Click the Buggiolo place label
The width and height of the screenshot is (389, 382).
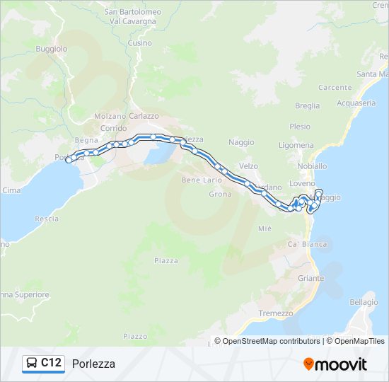click(53, 49)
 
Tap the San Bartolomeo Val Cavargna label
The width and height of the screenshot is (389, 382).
click(132, 16)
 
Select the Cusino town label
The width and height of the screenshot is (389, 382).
click(140, 43)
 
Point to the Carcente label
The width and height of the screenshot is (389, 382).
click(335, 88)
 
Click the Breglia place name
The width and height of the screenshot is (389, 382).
click(307, 106)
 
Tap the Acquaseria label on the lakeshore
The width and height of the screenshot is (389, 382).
click(356, 103)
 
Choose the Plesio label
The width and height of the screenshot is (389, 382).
click(300, 127)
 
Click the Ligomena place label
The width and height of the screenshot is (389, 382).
click(296, 145)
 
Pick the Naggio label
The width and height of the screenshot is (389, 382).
click(241, 142)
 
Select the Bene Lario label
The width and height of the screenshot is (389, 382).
click(202, 180)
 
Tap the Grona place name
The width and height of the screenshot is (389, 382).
click(221, 194)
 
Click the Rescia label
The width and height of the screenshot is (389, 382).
click(47, 219)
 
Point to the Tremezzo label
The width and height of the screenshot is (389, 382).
click(275, 313)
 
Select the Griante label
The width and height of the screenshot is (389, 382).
click(310, 278)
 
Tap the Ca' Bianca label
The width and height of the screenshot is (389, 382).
click(307, 244)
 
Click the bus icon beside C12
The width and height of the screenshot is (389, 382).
click(32, 364)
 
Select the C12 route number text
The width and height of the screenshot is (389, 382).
click(52, 363)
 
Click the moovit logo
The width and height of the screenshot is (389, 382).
click(335, 364)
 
